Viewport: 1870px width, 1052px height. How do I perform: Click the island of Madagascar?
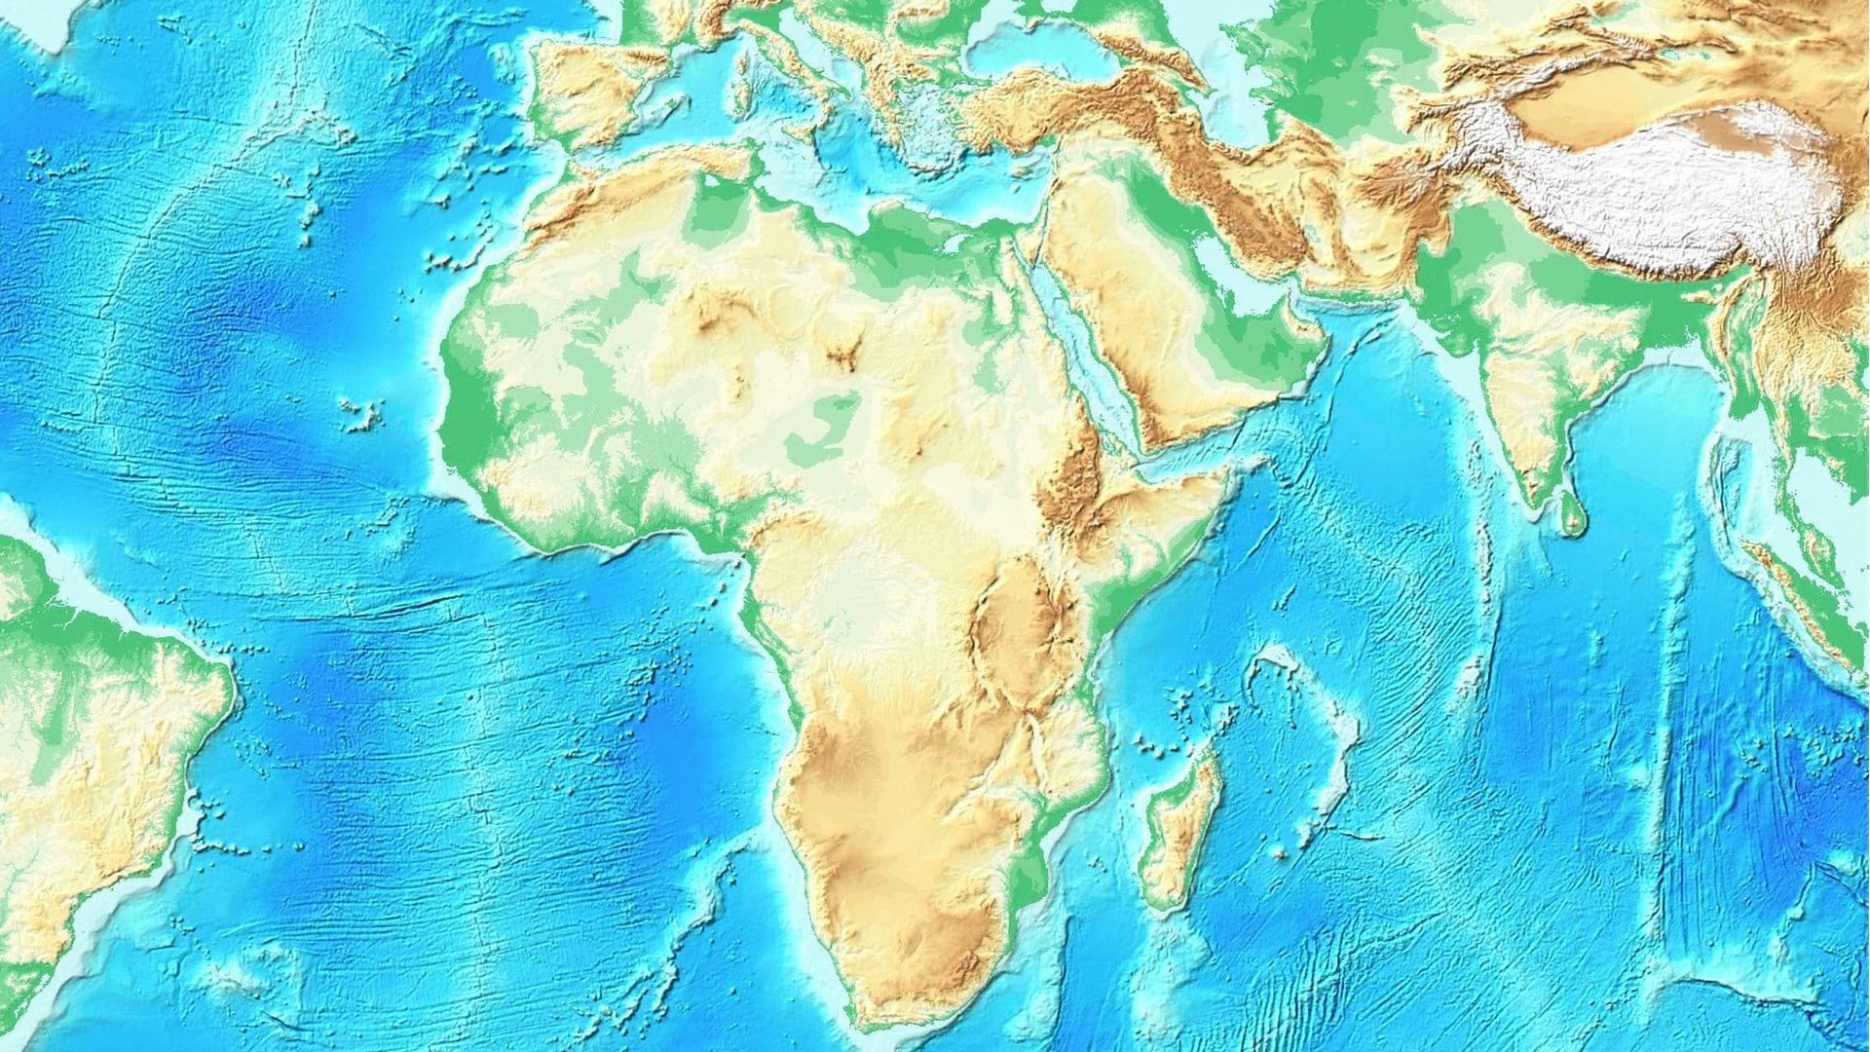click(x=1180, y=828)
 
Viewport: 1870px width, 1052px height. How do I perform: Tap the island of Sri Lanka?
click(x=1571, y=514)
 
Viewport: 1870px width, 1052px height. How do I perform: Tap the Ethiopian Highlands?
click(x=1071, y=477)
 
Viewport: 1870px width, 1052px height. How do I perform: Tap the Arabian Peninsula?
click(x=1159, y=321)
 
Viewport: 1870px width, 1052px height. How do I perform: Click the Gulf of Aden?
click(x=1183, y=458)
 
